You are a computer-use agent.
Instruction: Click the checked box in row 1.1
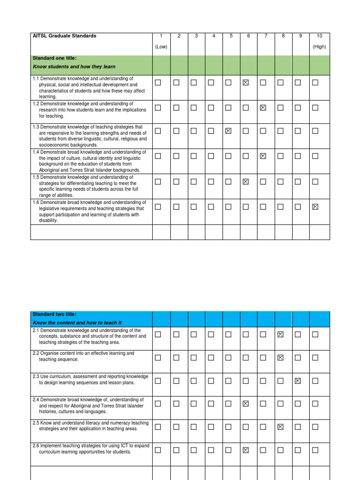coord(245,82)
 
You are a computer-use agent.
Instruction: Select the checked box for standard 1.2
coord(263,108)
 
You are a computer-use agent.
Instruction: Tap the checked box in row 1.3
coord(228,131)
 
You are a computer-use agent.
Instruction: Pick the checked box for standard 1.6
coord(315,206)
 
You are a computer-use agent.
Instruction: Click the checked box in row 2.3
coord(298,381)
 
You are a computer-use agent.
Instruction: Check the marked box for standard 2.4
coord(245,404)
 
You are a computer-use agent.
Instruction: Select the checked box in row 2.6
coord(245,450)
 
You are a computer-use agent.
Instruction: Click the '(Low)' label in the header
coord(161,47)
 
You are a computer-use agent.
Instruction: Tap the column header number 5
coord(231,36)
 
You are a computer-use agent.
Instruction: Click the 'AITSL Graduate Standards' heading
coord(64,36)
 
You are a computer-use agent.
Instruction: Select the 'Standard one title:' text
coord(54,58)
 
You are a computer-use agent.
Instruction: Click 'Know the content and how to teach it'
coord(77,323)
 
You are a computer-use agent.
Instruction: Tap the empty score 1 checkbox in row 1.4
coord(158,156)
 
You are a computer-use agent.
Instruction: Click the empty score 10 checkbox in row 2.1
coord(315,334)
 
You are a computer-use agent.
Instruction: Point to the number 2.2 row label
coord(37,353)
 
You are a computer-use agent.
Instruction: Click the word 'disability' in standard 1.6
coord(48,220)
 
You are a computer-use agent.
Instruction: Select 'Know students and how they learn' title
coord(74,67)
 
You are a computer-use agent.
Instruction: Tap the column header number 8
coord(283,36)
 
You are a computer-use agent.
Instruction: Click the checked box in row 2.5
coord(280,427)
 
